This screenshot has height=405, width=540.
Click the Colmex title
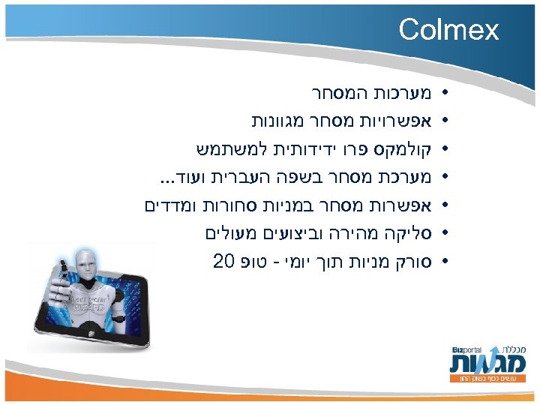pos(448,30)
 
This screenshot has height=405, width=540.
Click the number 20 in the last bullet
pos(223,262)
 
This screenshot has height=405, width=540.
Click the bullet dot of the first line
pos(445,96)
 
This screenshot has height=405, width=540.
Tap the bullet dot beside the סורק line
pos(445,262)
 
